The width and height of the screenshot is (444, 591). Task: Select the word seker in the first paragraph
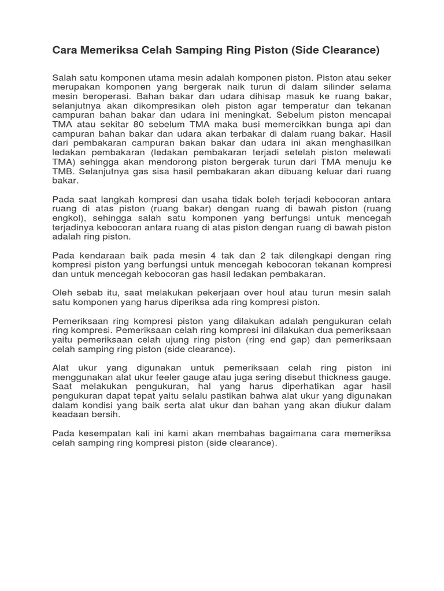378,77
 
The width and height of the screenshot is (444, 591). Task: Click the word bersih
107,414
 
